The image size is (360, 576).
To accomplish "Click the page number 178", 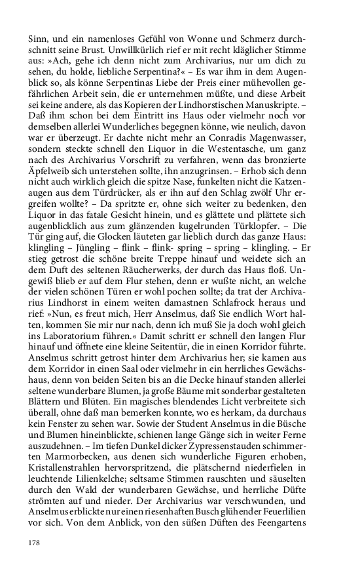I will tap(35, 543).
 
